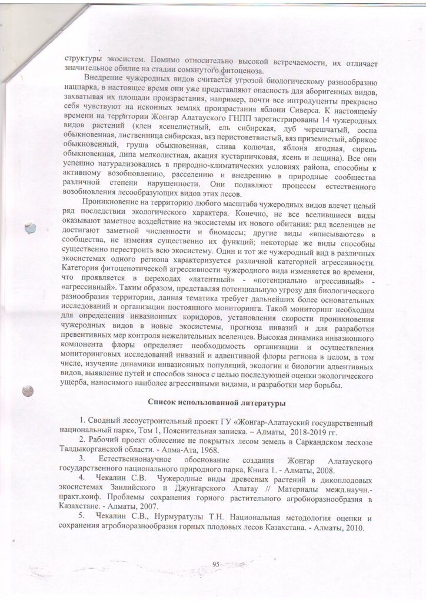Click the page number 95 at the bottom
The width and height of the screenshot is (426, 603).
[215, 565]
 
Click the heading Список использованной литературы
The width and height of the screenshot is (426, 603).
[217, 403]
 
